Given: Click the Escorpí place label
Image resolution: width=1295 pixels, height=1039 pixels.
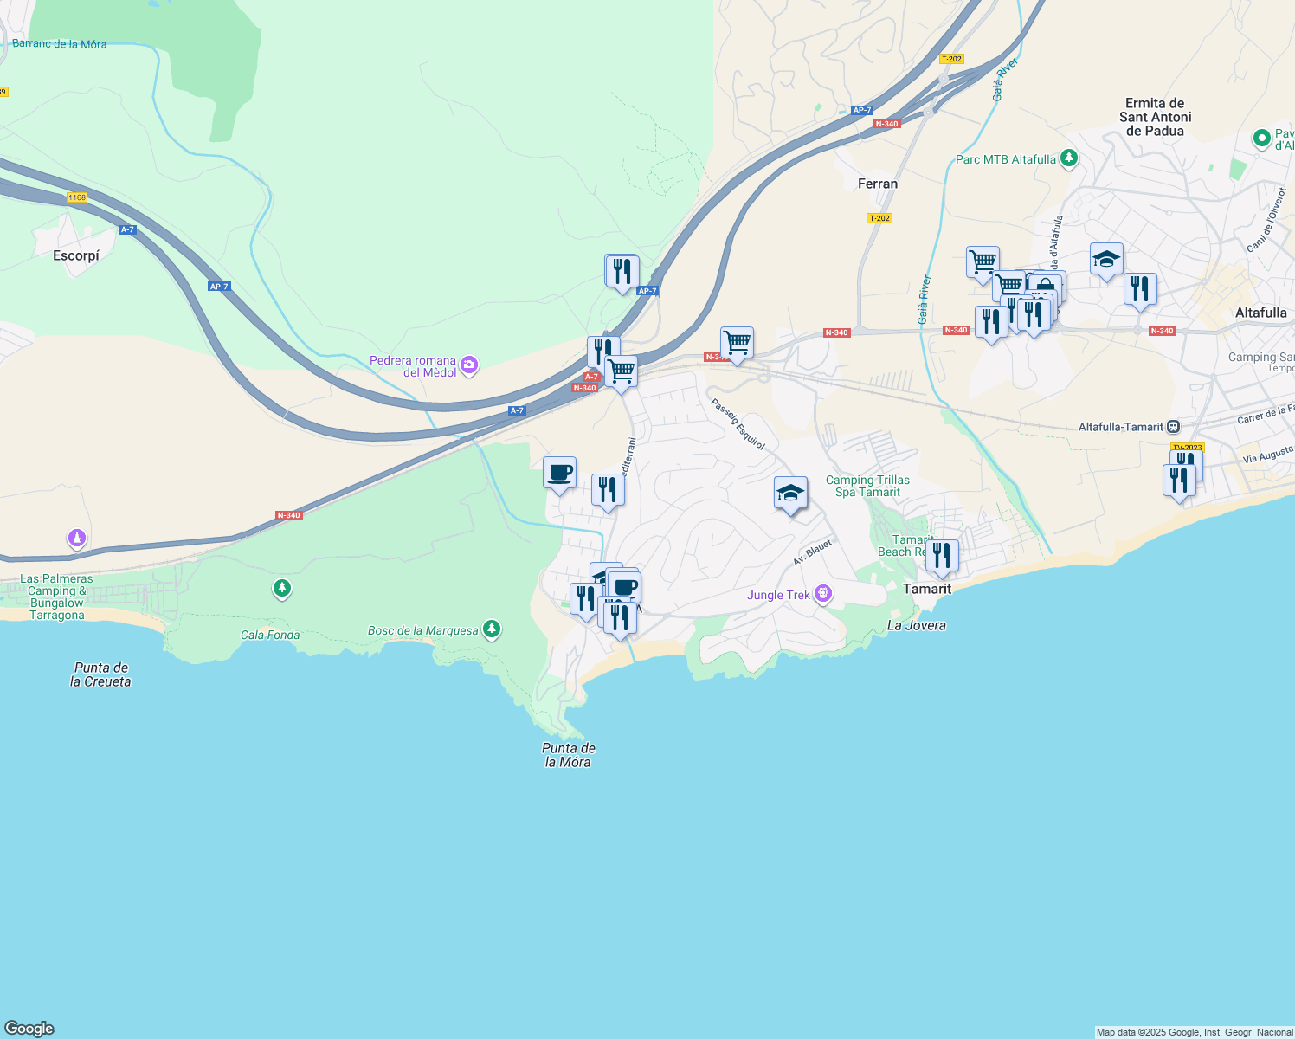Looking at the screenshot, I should pos(76,255).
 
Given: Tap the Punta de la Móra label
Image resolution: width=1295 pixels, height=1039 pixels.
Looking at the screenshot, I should pos(569,755).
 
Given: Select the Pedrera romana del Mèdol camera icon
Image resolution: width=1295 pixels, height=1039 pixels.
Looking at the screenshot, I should pos(469,365).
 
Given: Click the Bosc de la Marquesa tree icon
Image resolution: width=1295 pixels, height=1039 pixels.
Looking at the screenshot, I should pos(492,629).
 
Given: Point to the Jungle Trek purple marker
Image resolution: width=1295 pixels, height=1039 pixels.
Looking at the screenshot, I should pos(823,594).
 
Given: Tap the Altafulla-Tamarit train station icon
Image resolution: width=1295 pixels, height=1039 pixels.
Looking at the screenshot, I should pos(1173,427).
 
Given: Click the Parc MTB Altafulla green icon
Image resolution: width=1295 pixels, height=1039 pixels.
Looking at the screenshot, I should pos(1069,158).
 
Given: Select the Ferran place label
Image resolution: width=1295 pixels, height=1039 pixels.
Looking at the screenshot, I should pos(878,184).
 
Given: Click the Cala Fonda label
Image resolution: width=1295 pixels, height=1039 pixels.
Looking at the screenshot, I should pos(270,635).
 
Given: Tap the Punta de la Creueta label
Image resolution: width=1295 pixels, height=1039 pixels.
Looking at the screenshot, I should pos(101,674).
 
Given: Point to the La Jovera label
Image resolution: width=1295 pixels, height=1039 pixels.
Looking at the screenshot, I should pos(917,625).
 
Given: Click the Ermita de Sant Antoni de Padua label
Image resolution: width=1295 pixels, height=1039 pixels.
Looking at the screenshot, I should pos(1155,117).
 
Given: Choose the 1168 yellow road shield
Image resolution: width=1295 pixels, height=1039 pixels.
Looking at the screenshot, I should pos(77,197).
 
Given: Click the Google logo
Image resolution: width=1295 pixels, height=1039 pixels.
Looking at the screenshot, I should pos(29,1029).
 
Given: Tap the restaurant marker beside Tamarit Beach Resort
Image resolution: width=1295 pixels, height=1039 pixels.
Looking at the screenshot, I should pos(942,555).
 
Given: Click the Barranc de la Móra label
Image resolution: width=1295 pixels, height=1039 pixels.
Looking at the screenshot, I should pos(59,43).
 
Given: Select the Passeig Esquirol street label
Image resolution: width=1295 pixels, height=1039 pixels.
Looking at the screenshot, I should pos(738,423).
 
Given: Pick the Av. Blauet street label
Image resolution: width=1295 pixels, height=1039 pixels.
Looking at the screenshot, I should pos(812,552).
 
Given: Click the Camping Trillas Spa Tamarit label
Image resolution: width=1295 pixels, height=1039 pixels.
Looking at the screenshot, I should pos(867,486).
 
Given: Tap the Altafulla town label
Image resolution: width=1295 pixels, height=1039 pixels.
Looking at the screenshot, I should pos(1260,313).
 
